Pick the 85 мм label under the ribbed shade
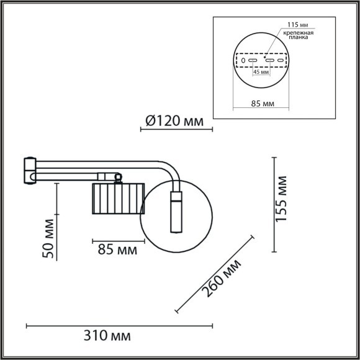[x=117, y=250]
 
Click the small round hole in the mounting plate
[x=243, y=61]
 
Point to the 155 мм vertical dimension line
[x=274, y=205]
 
